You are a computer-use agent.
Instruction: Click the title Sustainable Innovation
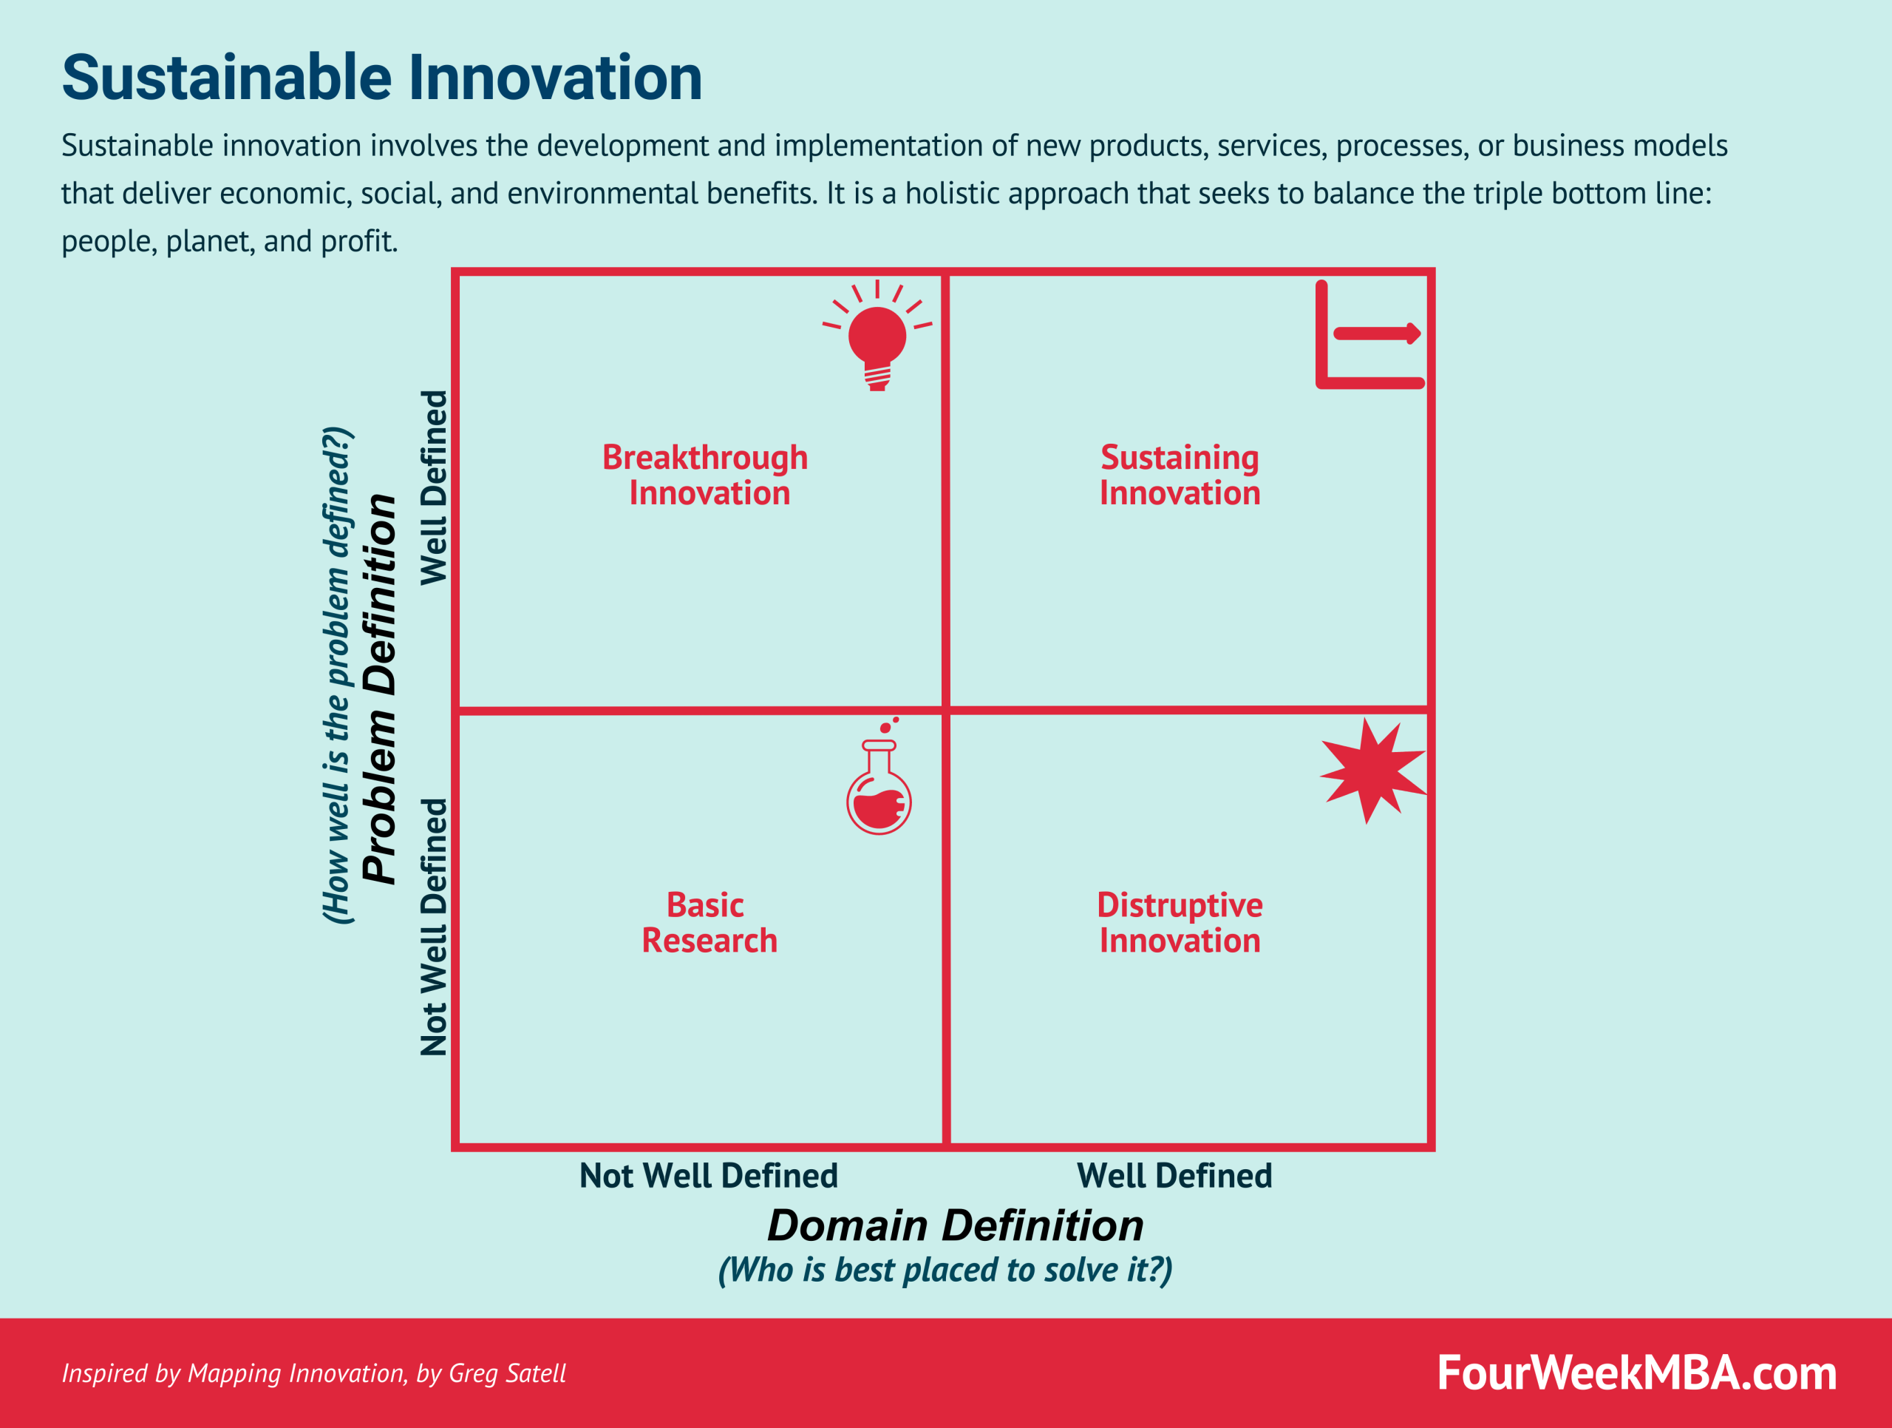(x=381, y=78)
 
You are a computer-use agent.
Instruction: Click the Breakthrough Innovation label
(x=706, y=475)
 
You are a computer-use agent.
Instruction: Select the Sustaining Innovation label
(x=1180, y=475)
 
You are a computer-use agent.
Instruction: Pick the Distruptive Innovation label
(x=1180, y=922)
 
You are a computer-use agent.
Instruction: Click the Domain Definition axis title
(x=955, y=1225)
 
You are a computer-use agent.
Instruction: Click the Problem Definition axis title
(x=379, y=688)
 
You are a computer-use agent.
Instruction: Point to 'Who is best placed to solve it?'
(x=945, y=1270)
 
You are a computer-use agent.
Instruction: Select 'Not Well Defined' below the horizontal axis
(x=708, y=1176)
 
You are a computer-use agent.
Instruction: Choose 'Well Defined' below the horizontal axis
(x=1174, y=1176)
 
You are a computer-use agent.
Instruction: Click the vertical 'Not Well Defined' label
(x=434, y=927)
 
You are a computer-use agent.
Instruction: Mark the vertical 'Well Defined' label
(x=434, y=487)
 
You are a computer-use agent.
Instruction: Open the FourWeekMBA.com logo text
(x=1636, y=1373)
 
